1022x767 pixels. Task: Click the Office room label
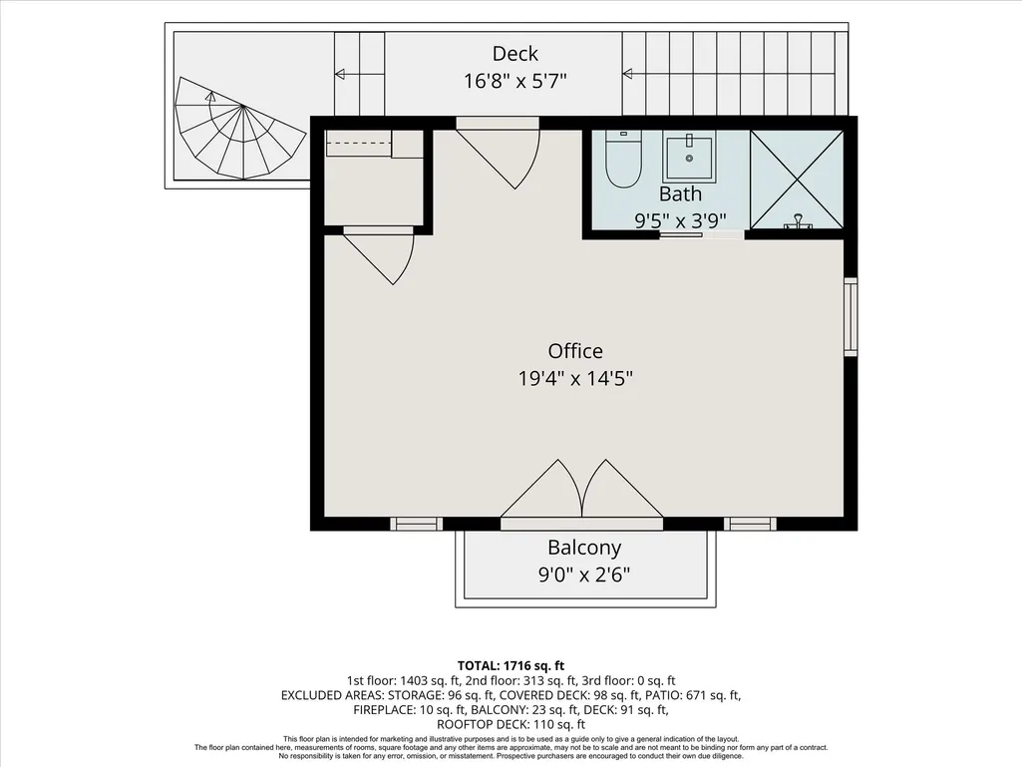(x=575, y=351)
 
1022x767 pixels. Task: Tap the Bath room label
(x=680, y=193)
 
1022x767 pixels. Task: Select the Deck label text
(x=514, y=54)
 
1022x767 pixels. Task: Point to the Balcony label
(x=584, y=548)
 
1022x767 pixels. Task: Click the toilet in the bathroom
(x=624, y=159)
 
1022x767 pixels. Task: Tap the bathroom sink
(x=689, y=157)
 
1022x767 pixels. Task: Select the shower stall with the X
(x=797, y=180)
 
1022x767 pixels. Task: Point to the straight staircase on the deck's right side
(x=735, y=74)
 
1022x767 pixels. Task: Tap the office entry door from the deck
(x=498, y=154)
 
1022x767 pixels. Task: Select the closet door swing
(x=379, y=255)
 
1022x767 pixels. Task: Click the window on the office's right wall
(x=851, y=316)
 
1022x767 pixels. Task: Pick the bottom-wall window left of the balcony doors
(x=417, y=524)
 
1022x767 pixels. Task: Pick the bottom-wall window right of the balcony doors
(x=750, y=524)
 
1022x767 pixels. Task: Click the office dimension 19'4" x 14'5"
(x=575, y=378)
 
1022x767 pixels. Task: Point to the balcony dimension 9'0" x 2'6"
(x=584, y=575)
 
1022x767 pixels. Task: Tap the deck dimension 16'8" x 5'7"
(x=514, y=82)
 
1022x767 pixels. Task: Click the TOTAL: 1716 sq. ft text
(x=511, y=666)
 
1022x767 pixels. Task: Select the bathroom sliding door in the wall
(x=701, y=234)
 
